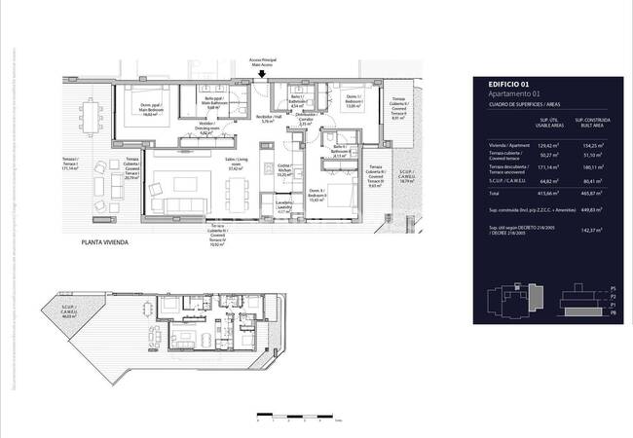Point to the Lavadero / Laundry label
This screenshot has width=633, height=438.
283,208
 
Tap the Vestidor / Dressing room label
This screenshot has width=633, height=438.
205,129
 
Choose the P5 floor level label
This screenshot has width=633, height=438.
613,289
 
